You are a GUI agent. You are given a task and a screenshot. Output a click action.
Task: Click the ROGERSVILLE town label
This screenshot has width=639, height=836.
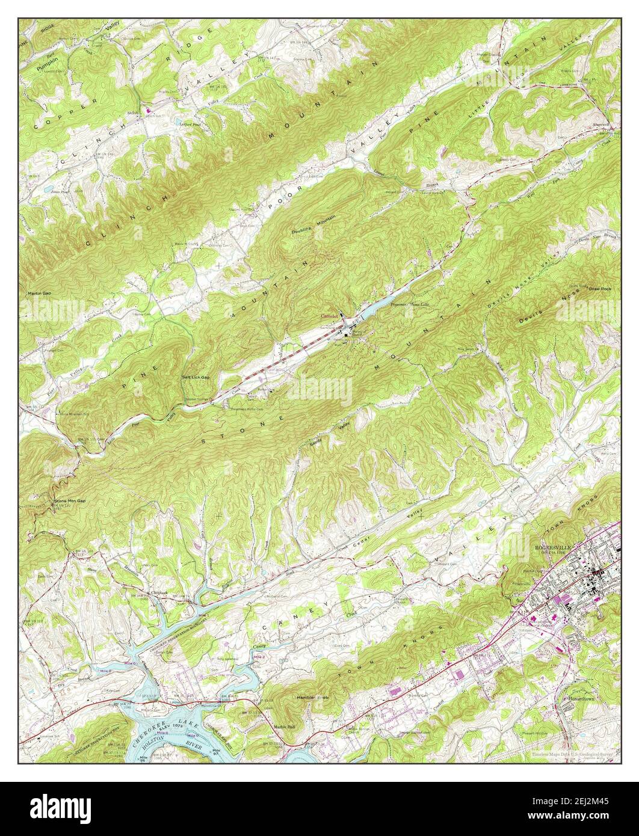click(x=554, y=547)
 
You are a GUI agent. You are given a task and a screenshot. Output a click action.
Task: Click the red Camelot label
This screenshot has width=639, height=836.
click(x=329, y=316)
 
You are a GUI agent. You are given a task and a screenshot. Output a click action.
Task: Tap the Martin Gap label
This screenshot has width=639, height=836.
click(x=39, y=294)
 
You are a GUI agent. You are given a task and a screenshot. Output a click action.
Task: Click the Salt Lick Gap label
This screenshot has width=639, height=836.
click(x=196, y=377)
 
